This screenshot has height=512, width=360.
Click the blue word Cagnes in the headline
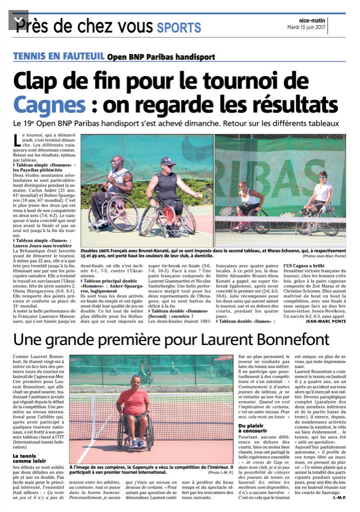pyautogui.click(x=42, y=104)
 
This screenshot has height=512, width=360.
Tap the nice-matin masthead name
pyautogui.click(x=312, y=20)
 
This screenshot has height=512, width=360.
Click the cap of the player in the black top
pyautogui.click(x=168, y=160)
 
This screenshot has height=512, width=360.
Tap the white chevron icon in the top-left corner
pyautogui.click(x=19, y=20)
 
